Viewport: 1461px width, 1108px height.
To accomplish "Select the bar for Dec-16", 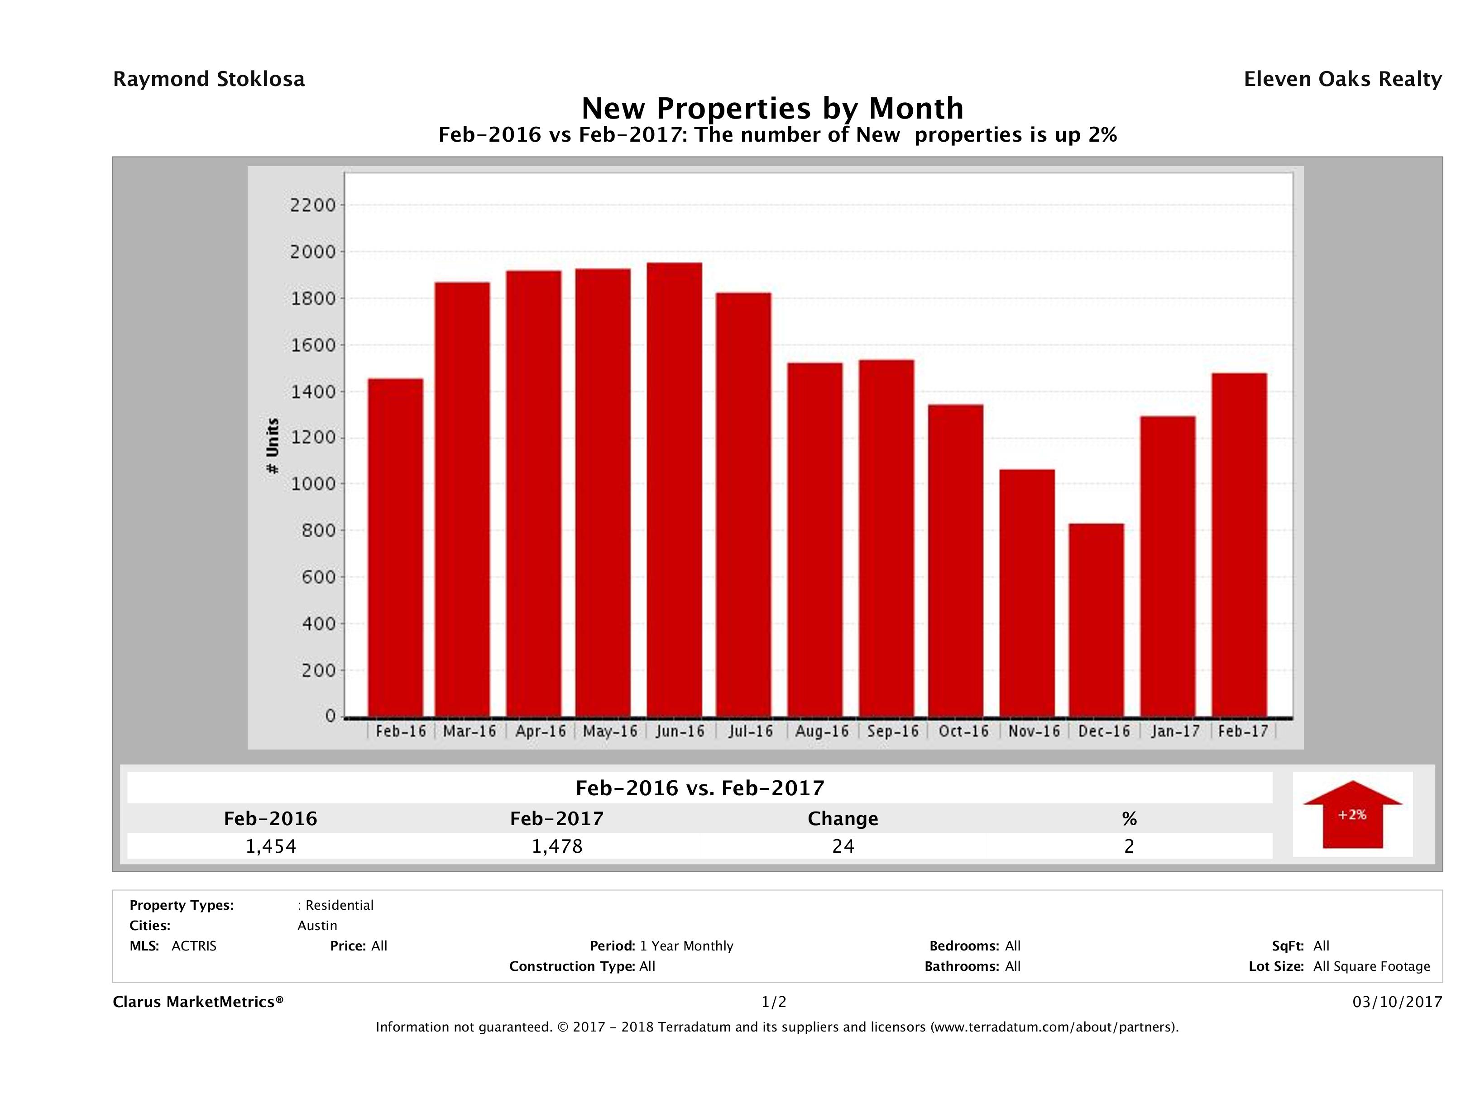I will (x=1097, y=621).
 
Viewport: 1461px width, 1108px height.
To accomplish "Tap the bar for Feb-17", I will (x=1239, y=545).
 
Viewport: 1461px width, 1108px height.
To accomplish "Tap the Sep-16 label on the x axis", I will (x=893, y=731).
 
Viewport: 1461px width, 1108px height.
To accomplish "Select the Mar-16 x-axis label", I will (x=469, y=731).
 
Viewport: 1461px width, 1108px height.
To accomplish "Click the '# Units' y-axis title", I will (x=272, y=446).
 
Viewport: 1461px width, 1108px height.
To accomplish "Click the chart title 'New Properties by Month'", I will (x=772, y=108).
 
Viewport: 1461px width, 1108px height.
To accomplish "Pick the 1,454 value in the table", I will (x=271, y=846).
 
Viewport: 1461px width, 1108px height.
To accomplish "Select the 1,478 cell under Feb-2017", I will (x=557, y=846).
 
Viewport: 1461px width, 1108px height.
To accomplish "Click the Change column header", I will (x=843, y=819).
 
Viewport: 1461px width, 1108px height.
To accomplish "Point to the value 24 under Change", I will (x=843, y=846).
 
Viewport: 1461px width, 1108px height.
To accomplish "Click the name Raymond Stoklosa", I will (x=209, y=79).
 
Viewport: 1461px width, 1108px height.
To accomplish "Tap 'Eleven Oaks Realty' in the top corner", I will (x=1342, y=79).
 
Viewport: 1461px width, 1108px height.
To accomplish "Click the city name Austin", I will (x=317, y=926).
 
